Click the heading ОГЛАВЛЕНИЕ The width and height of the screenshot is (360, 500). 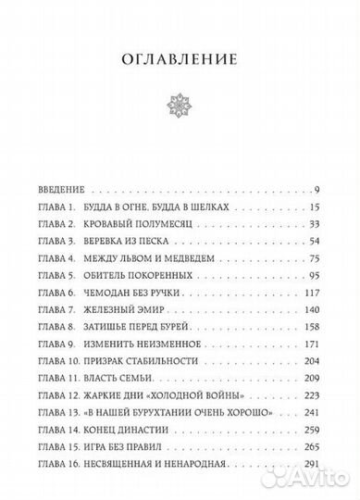click(180, 59)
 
